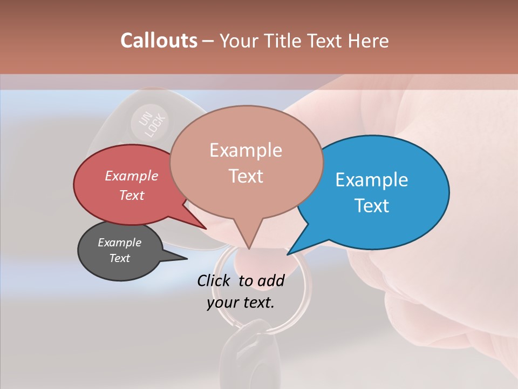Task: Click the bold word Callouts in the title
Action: [x=159, y=41]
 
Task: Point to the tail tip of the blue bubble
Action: [x=289, y=253]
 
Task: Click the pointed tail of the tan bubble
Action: [x=249, y=247]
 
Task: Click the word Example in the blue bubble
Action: [x=371, y=180]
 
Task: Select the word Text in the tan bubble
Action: [x=246, y=176]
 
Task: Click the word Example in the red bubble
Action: [x=131, y=176]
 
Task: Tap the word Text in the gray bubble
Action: [x=120, y=258]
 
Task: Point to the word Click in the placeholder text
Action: [x=214, y=280]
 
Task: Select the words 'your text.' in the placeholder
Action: [x=241, y=303]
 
